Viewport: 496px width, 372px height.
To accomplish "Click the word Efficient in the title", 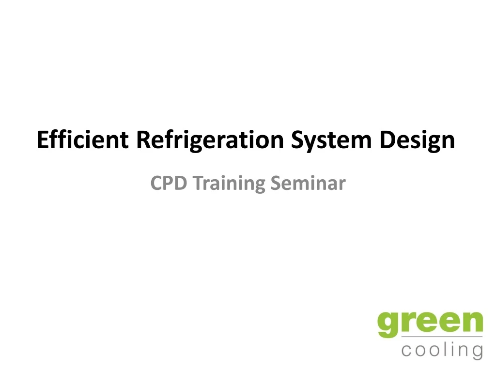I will tap(83, 140).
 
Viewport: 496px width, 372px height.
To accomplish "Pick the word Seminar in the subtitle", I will tap(308, 183).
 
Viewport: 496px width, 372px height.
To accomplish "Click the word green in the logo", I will tap(430, 324).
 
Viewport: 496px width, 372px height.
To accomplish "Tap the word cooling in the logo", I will tap(442, 350).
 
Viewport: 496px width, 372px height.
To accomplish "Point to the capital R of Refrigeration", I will tap(144, 140).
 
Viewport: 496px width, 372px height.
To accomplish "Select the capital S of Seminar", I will tap(276, 183).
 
